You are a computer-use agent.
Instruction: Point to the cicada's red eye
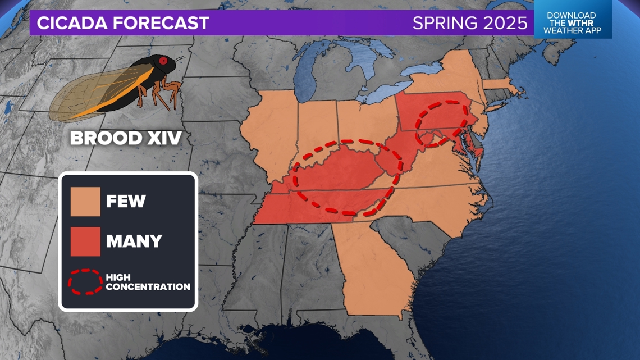(163, 61)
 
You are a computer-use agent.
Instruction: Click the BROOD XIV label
(125, 138)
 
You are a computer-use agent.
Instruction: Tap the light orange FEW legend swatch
(85, 201)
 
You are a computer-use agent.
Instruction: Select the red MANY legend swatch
(85, 241)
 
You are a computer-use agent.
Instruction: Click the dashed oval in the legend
(85, 282)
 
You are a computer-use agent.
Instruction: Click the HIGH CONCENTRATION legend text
(148, 282)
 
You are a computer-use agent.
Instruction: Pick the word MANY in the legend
(134, 241)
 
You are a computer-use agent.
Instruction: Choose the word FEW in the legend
(125, 201)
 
